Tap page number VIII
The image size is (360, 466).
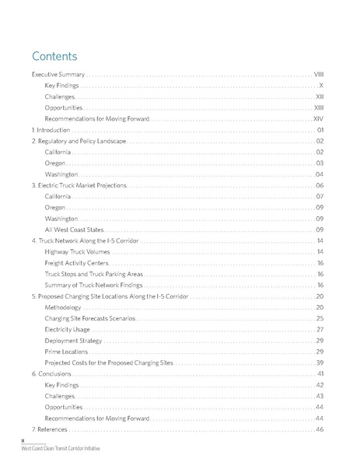click(x=319, y=74)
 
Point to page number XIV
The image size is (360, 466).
click(x=318, y=118)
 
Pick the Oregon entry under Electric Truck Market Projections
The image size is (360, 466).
click(x=55, y=208)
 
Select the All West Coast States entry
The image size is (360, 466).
click(x=74, y=230)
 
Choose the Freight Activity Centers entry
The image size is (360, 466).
click(x=76, y=263)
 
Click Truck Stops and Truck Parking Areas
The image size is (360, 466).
click(x=93, y=274)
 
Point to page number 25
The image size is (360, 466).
click(x=320, y=318)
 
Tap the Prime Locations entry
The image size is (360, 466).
click(x=66, y=352)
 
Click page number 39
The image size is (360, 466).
click(x=320, y=363)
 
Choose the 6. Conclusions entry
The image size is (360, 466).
click(x=51, y=374)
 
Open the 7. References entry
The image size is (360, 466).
click(x=50, y=429)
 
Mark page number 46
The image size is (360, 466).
click(x=320, y=429)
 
